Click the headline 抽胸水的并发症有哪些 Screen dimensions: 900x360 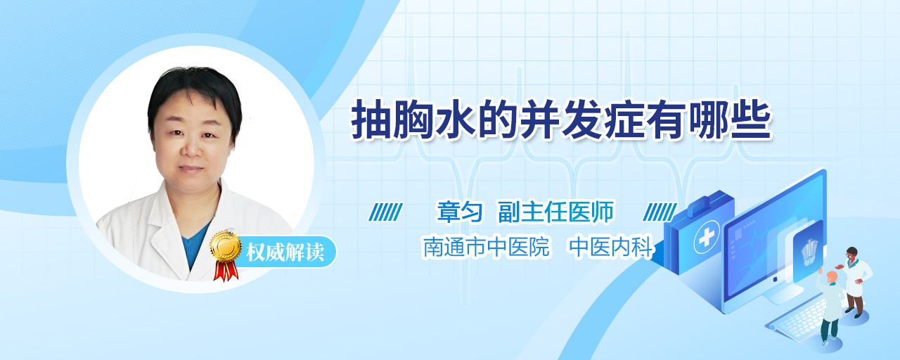pos(561,120)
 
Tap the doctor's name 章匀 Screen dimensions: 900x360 pos(460,212)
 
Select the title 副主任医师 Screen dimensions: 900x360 pos(556,212)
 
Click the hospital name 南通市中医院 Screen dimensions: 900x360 pos(487,246)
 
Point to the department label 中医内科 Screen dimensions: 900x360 pos(612,246)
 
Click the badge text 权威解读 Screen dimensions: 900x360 pos(285,252)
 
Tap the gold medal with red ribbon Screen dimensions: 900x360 pos(226,255)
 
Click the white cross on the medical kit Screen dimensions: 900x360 pos(707,238)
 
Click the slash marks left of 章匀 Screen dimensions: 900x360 pos(386,212)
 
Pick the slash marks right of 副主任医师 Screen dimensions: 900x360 pos(660,212)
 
